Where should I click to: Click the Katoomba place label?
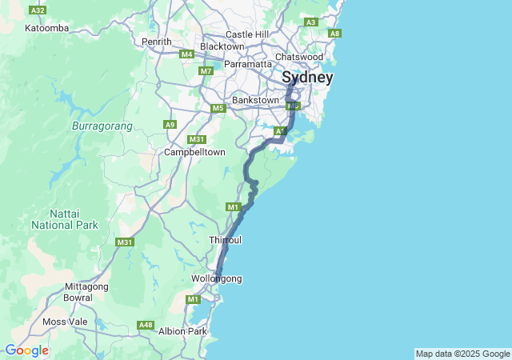click(x=47, y=28)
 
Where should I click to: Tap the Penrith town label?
click(x=156, y=42)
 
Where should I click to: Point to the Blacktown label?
click(x=222, y=46)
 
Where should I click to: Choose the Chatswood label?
click(x=298, y=57)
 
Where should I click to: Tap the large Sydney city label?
click(x=307, y=78)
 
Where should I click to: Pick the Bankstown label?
click(x=255, y=100)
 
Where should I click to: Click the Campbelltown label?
click(x=194, y=152)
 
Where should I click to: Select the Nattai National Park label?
click(x=64, y=219)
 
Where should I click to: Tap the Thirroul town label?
click(x=225, y=240)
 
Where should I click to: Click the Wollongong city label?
click(x=216, y=278)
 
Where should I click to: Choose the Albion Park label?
click(x=183, y=330)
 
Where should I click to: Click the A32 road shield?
click(x=37, y=10)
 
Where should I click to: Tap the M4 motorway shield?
click(x=187, y=54)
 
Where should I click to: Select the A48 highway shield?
click(x=146, y=325)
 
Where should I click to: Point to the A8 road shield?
click(x=334, y=33)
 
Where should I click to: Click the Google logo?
click(x=26, y=350)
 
